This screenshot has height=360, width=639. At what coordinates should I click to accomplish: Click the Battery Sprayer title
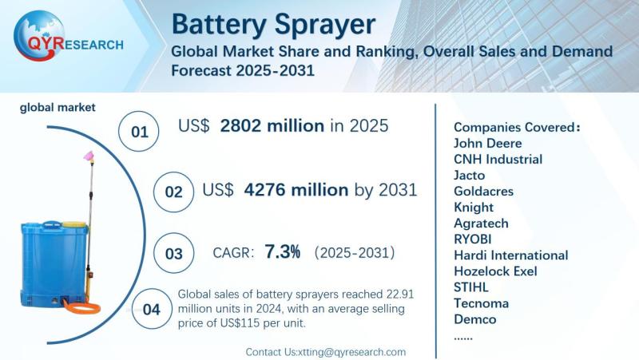[x=273, y=23]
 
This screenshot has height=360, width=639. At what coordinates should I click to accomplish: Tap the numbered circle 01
[x=140, y=131]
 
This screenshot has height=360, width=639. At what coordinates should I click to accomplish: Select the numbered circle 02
[x=173, y=192]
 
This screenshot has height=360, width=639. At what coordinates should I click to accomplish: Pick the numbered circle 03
[x=173, y=254]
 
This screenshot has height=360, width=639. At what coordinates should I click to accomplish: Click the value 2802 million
[x=272, y=126]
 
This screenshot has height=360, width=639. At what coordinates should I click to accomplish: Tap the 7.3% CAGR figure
[x=284, y=252]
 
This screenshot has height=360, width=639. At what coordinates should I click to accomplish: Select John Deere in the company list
[x=487, y=143]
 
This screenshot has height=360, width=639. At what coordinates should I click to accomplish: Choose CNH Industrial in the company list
[x=498, y=159]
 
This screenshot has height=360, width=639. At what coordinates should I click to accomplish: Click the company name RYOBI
[x=474, y=239]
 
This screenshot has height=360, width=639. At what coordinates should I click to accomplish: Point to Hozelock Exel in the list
[x=495, y=271]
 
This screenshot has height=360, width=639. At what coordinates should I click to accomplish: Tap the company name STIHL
[x=470, y=287]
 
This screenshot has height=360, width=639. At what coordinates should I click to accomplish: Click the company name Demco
[x=474, y=319]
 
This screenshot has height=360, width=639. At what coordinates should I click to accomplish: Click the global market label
[x=58, y=107]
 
